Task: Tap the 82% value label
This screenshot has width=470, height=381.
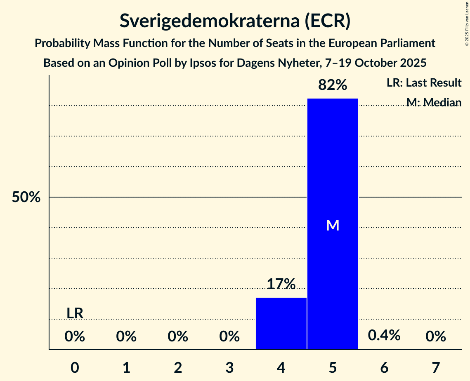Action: (333, 85)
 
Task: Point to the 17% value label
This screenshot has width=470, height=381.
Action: (281, 284)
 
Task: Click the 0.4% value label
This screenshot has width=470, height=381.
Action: (384, 335)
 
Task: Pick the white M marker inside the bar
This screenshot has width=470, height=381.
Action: (333, 225)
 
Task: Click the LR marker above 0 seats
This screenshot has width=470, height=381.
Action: (75, 313)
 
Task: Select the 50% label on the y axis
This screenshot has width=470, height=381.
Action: (26, 198)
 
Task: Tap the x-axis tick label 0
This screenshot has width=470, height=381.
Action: (75, 367)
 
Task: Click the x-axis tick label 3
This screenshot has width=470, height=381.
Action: (229, 367)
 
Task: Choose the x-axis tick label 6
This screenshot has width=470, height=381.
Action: (384, 367)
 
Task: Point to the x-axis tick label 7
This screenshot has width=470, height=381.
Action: (436, 367)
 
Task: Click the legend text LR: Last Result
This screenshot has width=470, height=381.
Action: (424, 83)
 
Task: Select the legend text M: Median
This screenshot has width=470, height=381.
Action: (433, 102)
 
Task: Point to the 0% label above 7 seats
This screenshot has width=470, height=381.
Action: (436, 337)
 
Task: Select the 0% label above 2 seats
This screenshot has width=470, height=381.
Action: (178, 337)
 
